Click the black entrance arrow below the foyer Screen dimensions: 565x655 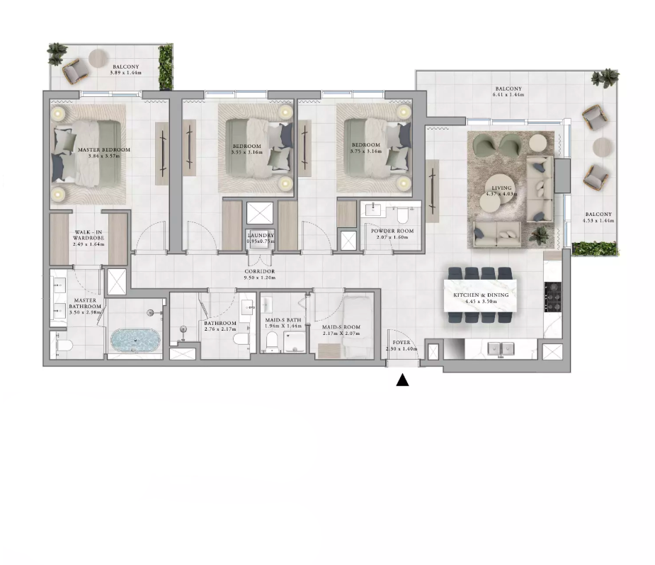coord(402,381)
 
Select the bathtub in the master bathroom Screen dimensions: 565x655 coord(135,341)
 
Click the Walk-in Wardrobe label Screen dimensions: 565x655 coord(89,235)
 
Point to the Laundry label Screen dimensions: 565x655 coord(261,238)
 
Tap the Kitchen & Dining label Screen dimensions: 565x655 coord(481,297)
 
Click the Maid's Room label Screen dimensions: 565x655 coord(341,330)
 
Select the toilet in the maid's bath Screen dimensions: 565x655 coord(270,342)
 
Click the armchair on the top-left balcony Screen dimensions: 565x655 coord(75,70)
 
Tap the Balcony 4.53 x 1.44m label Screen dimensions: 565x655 coord(599,217)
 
